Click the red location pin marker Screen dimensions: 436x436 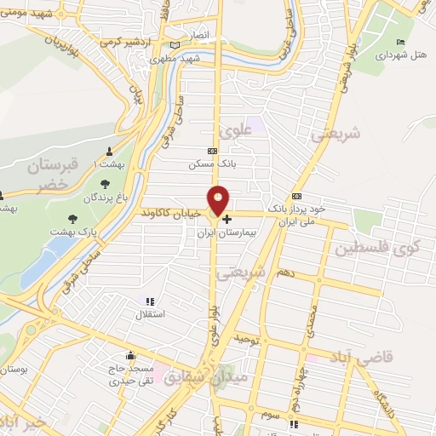(219, 200)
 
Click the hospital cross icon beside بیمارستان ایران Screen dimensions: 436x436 (227, 219)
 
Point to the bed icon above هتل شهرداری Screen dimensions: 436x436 (401, 43)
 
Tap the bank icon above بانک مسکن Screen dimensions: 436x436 (212, 151)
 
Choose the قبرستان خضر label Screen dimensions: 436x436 (52, 175)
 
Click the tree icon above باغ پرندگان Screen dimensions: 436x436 (105, 183)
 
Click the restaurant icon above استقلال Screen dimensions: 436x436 (150, 301)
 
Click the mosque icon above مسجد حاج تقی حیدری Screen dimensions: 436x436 (130, 355)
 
